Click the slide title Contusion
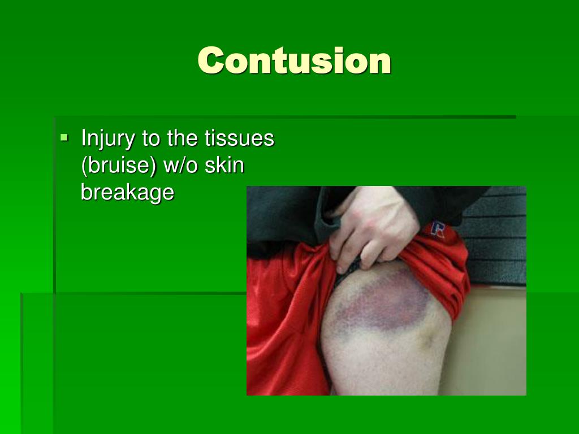[x=294, y=60]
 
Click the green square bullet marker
[x=64, y=137]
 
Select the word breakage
[x=127, y=192]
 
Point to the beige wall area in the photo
[x=492, y=339]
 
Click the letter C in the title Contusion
[x=210, y=60]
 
